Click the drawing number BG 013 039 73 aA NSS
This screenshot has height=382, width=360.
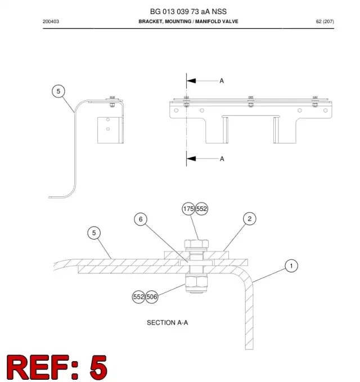(x=188, y=11)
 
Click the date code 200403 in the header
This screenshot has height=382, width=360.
(x=51, y=21)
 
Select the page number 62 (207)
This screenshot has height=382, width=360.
(x=325, y=21)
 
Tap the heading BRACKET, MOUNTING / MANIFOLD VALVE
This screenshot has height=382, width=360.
(x=188, y=21)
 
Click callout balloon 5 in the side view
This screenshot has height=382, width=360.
(x=58, y=91)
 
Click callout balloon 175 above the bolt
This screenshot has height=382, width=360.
(x=188, y=209)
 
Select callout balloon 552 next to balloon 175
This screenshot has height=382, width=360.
(x=201, y=209)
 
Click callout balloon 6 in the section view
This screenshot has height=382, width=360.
(x=141, y=219)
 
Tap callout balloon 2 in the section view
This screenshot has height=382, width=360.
(x=249, y=219)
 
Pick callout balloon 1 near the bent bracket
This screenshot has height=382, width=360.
(x=291, y=266)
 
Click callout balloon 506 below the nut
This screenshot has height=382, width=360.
(x=151, y=296)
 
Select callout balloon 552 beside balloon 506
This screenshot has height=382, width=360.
(x=138, y=296)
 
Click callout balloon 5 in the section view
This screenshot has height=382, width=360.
(x=94, y=233)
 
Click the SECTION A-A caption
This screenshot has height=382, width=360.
(x=167, y=322)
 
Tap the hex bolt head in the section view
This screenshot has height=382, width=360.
(x=196, y=244)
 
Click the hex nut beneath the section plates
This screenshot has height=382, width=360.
(x=196, y=282)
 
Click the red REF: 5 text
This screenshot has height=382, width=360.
(x=56, y=367)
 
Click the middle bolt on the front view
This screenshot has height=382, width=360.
(x=251, y=102)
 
